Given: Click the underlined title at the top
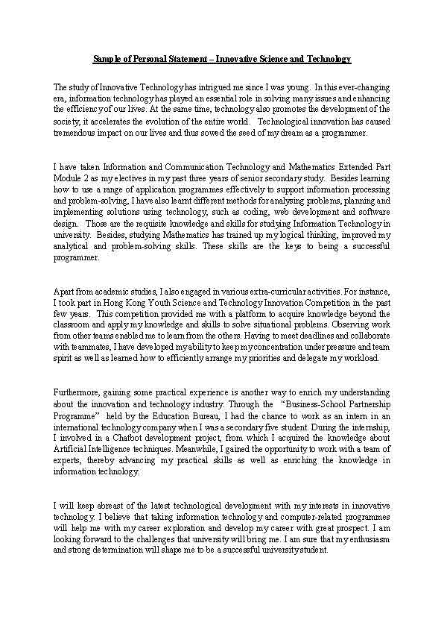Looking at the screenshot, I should [222, 58].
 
